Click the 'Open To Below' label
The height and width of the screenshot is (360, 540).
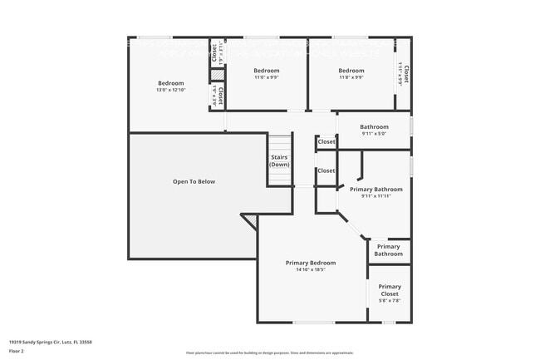(x=194, y=181)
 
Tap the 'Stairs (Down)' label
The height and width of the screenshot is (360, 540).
(x=279, y=160)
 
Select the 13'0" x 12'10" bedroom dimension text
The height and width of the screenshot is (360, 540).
(x=171, y=90)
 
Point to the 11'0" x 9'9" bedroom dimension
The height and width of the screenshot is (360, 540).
(x=266, y=77)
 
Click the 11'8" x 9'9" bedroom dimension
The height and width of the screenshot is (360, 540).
(x=351, y=77)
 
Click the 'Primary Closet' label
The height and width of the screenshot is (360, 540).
(x=389, y=290)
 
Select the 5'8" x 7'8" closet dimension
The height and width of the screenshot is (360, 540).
(x=389, y=301)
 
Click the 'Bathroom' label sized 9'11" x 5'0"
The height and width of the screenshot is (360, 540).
(x=374, y=127)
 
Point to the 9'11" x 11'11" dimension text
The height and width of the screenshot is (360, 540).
(x=376, y=196)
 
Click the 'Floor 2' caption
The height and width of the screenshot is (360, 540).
(x=16, y=351)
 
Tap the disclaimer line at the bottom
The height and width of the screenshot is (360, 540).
(x=270, y=353)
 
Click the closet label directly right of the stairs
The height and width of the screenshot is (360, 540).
(x=326, y=170)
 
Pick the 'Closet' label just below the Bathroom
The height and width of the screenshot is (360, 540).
(x=326, y=142)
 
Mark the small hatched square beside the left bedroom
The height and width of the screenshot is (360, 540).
(x=214, y=74)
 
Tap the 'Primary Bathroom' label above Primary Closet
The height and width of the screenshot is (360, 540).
(x=388, y=249)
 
